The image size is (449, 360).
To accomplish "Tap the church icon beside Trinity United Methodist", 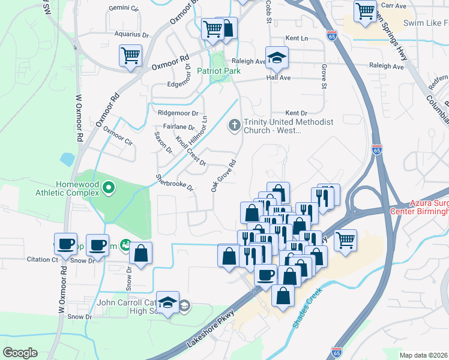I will [234, 125].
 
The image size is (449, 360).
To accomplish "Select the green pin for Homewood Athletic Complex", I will [109, 188].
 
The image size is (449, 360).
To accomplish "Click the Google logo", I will [20, 353].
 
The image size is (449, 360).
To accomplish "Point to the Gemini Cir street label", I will [124, 9].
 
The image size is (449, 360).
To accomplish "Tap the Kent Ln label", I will [297, 38].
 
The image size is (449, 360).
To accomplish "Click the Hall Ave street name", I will [279, 78].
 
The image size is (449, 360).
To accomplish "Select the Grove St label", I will [324, 76].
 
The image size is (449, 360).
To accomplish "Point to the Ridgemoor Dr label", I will [178, 113].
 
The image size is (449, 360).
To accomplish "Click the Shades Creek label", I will [308, 308].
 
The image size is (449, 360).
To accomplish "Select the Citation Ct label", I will [43, 260].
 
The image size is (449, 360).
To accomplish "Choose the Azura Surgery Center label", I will [420, 207].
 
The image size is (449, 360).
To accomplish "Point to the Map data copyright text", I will [423, 355].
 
